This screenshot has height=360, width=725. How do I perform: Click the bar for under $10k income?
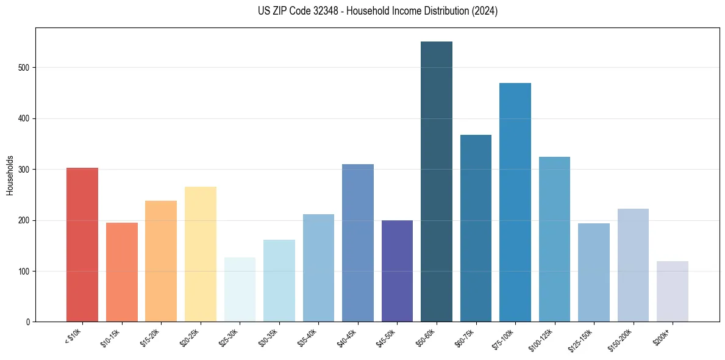tap(82, 245)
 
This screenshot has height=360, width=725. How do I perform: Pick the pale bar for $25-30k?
tap(240, 290)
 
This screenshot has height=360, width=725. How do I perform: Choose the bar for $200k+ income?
tap(672, 292)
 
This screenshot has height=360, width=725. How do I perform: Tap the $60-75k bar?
tap(476, 228)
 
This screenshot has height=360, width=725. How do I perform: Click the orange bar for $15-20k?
tap(161, 261)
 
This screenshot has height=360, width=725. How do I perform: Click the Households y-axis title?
tap(10, 175)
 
